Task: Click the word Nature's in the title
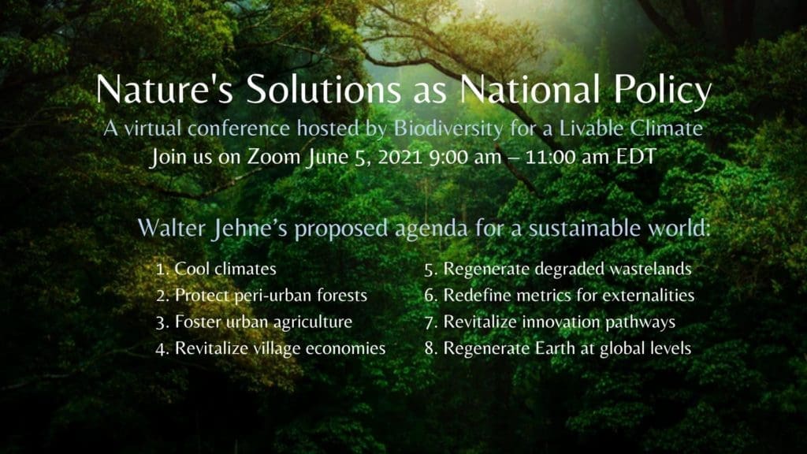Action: point(164,89)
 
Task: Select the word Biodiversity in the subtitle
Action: point(448,129)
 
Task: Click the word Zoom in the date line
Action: point(273,157)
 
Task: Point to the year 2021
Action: point(400,157)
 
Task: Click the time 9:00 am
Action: point(465,157)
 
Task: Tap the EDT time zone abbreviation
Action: point(636,157)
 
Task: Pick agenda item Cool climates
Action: point(225,269)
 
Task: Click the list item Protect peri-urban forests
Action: point(271,296)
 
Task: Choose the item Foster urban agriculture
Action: point(263,322)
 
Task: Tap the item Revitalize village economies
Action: point(280,348)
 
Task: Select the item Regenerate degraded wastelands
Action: point(567,270)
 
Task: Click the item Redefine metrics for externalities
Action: point(569,296)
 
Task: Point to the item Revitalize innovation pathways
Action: point(560,322)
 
